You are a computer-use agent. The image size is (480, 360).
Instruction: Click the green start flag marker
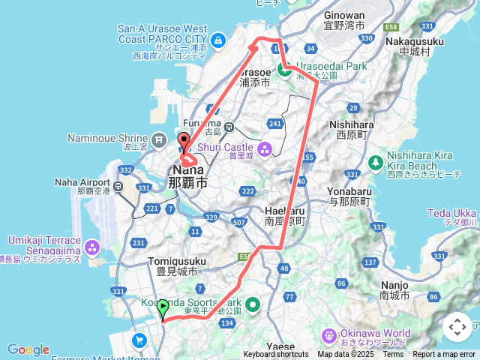point(163,307)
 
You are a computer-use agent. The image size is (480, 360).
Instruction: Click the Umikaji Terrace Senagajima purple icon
point(92,246)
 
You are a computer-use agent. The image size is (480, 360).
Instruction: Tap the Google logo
point(28,349)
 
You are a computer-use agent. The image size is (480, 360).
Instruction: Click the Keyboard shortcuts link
point(275,355)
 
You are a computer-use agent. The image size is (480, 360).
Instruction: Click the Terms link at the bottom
point(393,355)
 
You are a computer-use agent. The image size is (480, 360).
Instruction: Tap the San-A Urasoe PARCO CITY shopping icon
point(217,40)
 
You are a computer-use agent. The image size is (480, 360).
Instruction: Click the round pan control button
point(457,327)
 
